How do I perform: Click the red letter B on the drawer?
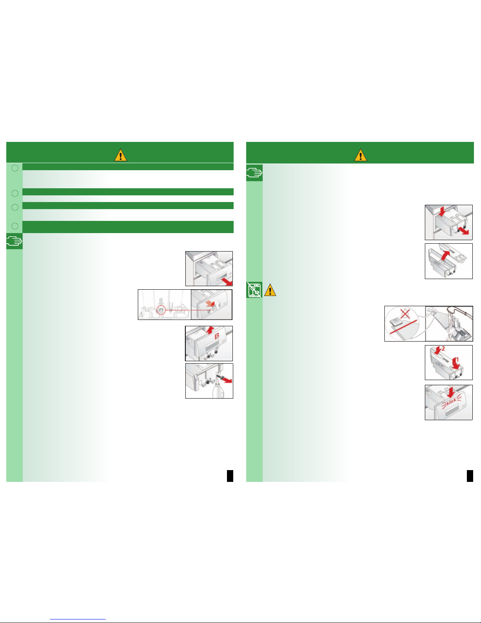point(217,336)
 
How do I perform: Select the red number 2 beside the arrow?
point(443,349)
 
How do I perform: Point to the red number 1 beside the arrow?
point(457,360)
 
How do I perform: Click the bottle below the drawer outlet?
point(218,390)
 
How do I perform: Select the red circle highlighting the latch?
point(161,310)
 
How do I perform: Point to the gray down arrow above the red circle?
point(161,301)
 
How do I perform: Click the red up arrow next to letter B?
point(210,330)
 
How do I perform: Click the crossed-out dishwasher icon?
point(254,290)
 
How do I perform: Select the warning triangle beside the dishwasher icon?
point(270,290)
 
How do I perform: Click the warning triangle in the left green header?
point(121,155)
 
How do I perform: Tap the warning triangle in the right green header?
point(360,155)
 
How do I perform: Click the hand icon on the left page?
point(14,241)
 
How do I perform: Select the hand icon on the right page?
point(254,173)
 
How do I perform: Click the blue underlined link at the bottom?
point(78,619)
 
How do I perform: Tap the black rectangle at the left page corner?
point(230,476)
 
